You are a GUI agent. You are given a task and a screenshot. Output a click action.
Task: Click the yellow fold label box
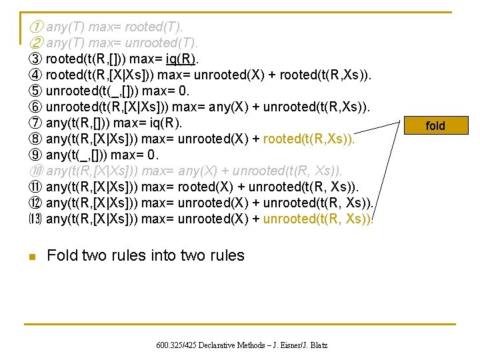pos(435,125)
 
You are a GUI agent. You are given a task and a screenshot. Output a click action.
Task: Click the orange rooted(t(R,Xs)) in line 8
pos(309,139)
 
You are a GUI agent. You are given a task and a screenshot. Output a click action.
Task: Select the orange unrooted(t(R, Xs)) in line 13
pos(319,219)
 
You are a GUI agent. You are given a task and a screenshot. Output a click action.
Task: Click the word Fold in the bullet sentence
pos(63,255)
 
